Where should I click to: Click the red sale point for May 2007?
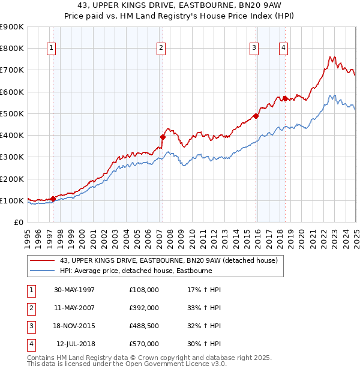coord(163,137)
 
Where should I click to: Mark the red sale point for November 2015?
coord(256,116)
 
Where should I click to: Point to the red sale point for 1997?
coord(53,198)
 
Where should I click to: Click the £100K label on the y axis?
coord(12,200)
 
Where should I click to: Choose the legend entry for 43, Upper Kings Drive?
coord(169,260)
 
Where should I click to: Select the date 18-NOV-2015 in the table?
coord(74,326)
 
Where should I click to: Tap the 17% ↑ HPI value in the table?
coord(205,289)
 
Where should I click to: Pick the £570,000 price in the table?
coord(144,344)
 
